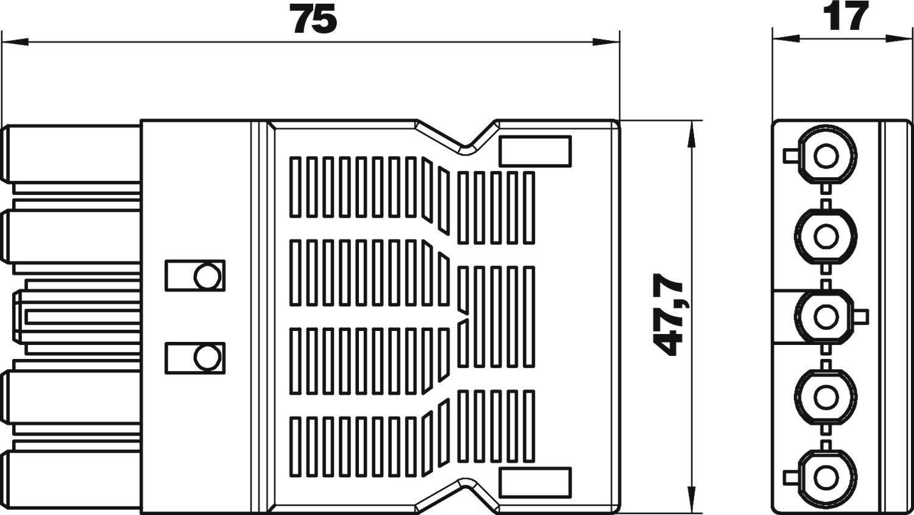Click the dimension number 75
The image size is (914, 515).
[315, 19]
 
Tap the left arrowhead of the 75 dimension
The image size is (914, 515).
[15, 41]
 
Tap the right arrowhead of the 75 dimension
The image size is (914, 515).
[606, 41]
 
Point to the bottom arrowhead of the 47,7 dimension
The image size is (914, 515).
[690, 499]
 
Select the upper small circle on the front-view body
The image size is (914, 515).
[207, 276]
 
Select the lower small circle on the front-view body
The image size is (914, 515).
[207, 358]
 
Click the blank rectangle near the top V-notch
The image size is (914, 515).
[535, 151]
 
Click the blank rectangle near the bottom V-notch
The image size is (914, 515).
[535, 483]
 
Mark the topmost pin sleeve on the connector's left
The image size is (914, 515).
[71, 154]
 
